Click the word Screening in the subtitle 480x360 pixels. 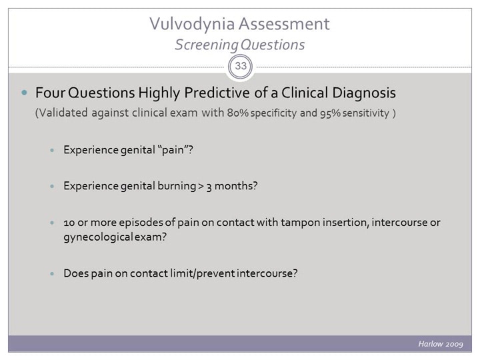[203, 45]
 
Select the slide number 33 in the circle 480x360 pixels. [241, 67]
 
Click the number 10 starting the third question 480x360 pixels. [69, 221]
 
